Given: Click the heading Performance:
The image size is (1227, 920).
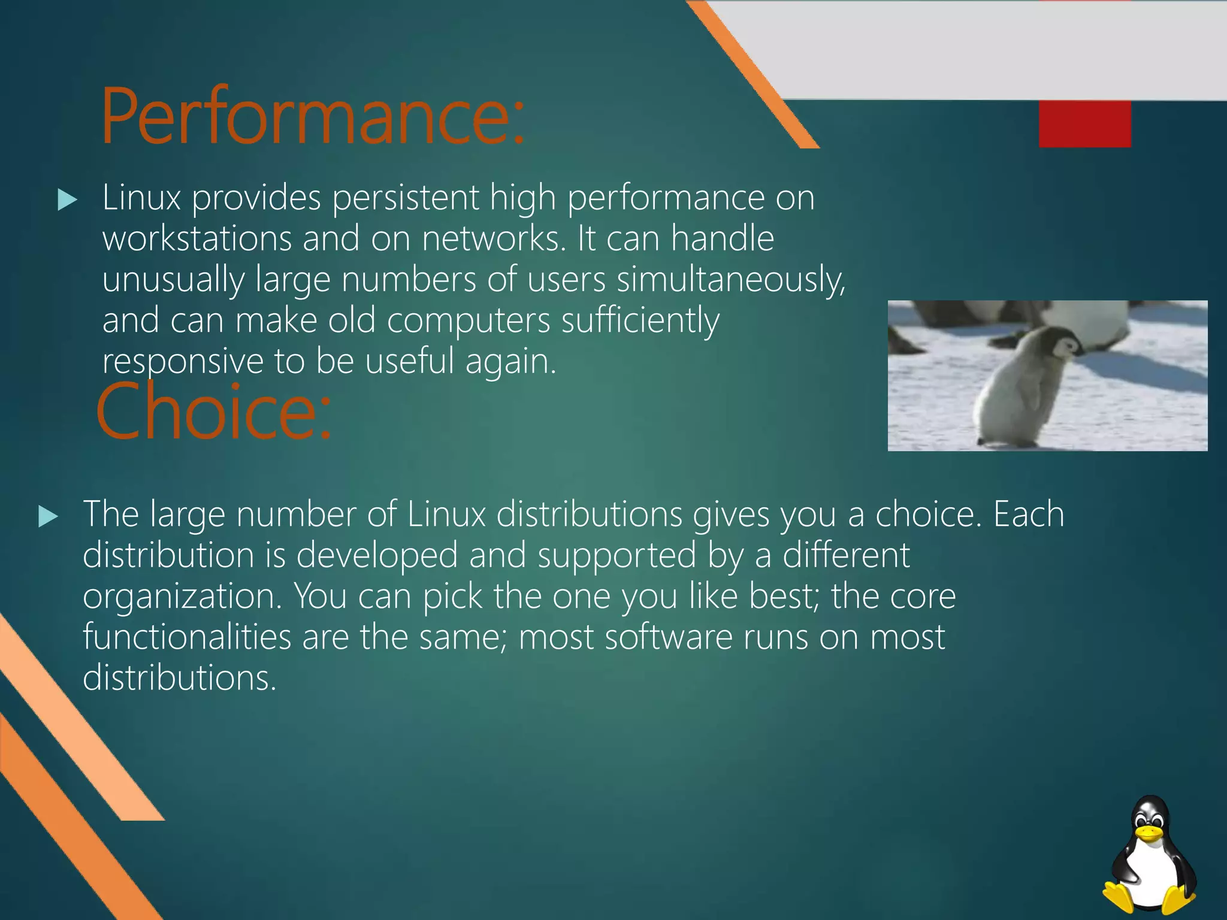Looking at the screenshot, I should [x=312, y=117].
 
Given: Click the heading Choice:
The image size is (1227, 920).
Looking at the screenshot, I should [x=213, y=412].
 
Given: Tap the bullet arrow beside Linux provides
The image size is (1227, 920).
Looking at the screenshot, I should [x=67, y=200].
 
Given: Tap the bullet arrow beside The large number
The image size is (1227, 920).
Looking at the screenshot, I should [x=48, y=516].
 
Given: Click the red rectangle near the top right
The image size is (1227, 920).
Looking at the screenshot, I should [x=1084, y=124].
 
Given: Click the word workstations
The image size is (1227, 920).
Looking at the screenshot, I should [x=197, y=238].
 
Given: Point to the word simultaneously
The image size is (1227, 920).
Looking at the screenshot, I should [x=730, y=280].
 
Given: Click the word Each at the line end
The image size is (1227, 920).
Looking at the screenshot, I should [x=1028, y=515].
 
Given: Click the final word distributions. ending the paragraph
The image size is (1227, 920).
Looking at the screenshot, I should [x=179, y=678].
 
